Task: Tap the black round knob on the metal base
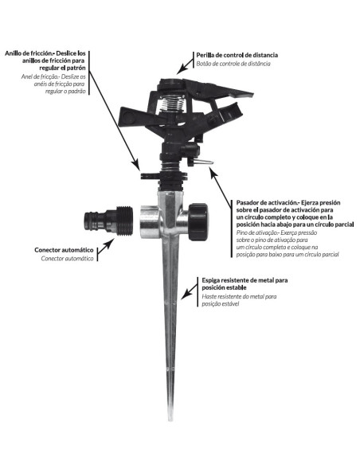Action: click(x=198, y=221)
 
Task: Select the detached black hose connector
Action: click(x=108, y=221)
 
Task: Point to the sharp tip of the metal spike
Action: click(x=170, y=420)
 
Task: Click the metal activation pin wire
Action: click(x=203, y=162)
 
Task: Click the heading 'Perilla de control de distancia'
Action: click(x=237, y=55)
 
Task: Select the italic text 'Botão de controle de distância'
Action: click(x=233, y=64)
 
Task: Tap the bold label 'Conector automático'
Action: click(x=64, y=250)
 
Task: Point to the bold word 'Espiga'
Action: click(x=211, y=280)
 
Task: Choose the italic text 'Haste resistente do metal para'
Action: click(x=239, y=296)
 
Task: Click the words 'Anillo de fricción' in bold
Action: click(x=28, y=53)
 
